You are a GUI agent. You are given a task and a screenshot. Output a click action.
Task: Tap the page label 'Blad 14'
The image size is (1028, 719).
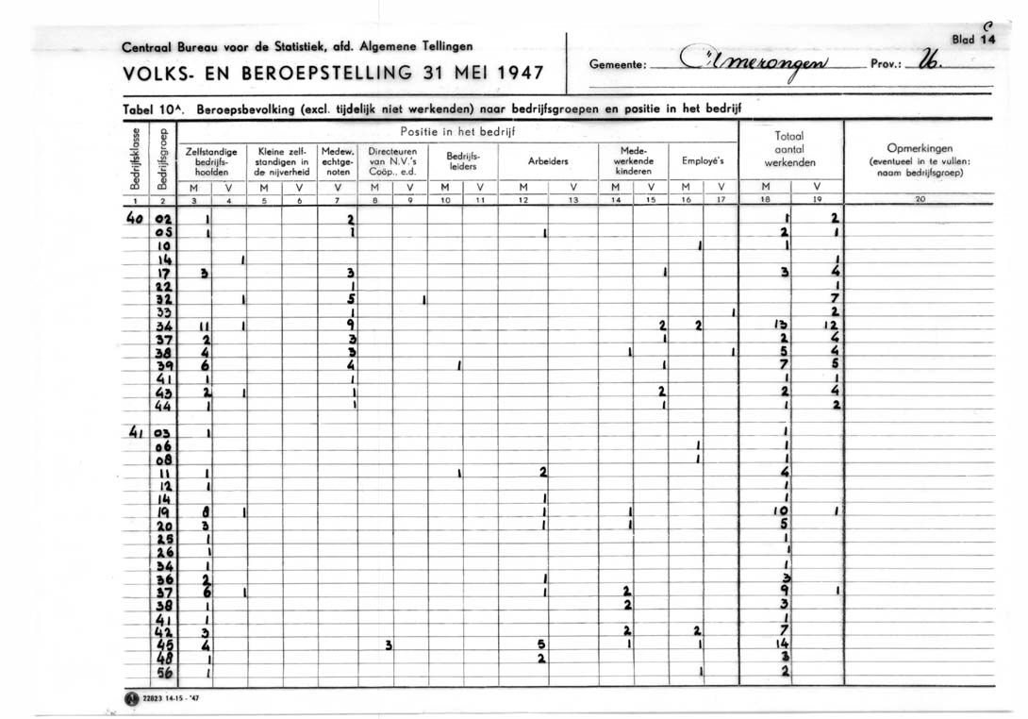point(974,41)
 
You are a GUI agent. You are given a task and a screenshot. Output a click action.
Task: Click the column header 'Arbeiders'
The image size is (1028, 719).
point(548,161)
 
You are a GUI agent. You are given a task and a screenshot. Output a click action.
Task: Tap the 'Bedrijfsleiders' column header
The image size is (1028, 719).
point(463,161)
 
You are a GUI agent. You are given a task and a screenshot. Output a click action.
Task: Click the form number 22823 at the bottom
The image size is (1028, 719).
point(153,699)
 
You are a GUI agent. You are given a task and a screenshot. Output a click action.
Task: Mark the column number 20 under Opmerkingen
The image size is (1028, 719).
point(920,200)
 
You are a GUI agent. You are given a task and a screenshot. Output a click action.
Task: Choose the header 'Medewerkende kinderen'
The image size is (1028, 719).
point(634,161)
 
